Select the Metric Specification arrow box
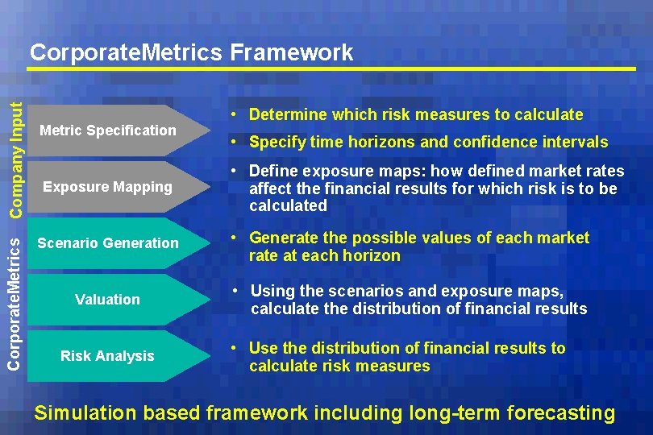[108, 130]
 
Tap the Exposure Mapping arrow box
[108, 187]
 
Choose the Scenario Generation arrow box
[108, 243]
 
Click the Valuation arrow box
[108, 300]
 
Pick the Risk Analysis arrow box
[108, 356]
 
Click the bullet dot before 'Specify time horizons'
[231, 143]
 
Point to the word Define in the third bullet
[272, 171]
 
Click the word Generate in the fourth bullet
[281, 238]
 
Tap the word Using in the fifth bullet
[271, 291]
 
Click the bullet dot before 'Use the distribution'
[231, 349]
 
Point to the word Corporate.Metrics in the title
[126, 53]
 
